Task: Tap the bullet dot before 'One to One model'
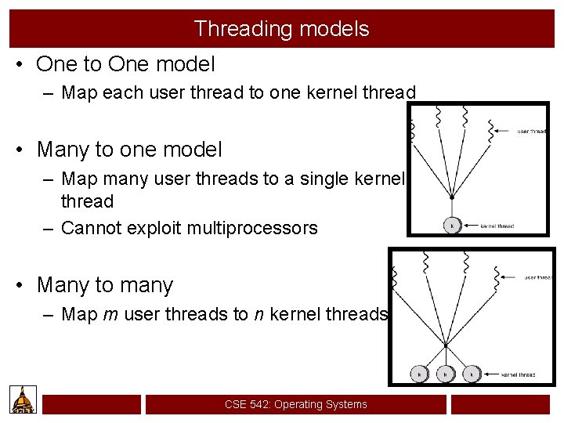[x=22, y=64]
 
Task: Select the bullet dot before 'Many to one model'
[x=22, y=150]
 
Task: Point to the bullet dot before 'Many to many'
[x=22, y=286]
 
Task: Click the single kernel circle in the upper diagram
[x=451, y=226]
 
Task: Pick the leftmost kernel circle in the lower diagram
[x=419, y=374]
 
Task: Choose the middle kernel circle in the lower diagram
[x=445, y=374]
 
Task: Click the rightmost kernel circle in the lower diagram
[x=471, y=374]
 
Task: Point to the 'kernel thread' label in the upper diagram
[x=497, y=226]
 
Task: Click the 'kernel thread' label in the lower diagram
[x=518, y=375]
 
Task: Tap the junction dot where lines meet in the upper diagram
[x=451, y=198]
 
